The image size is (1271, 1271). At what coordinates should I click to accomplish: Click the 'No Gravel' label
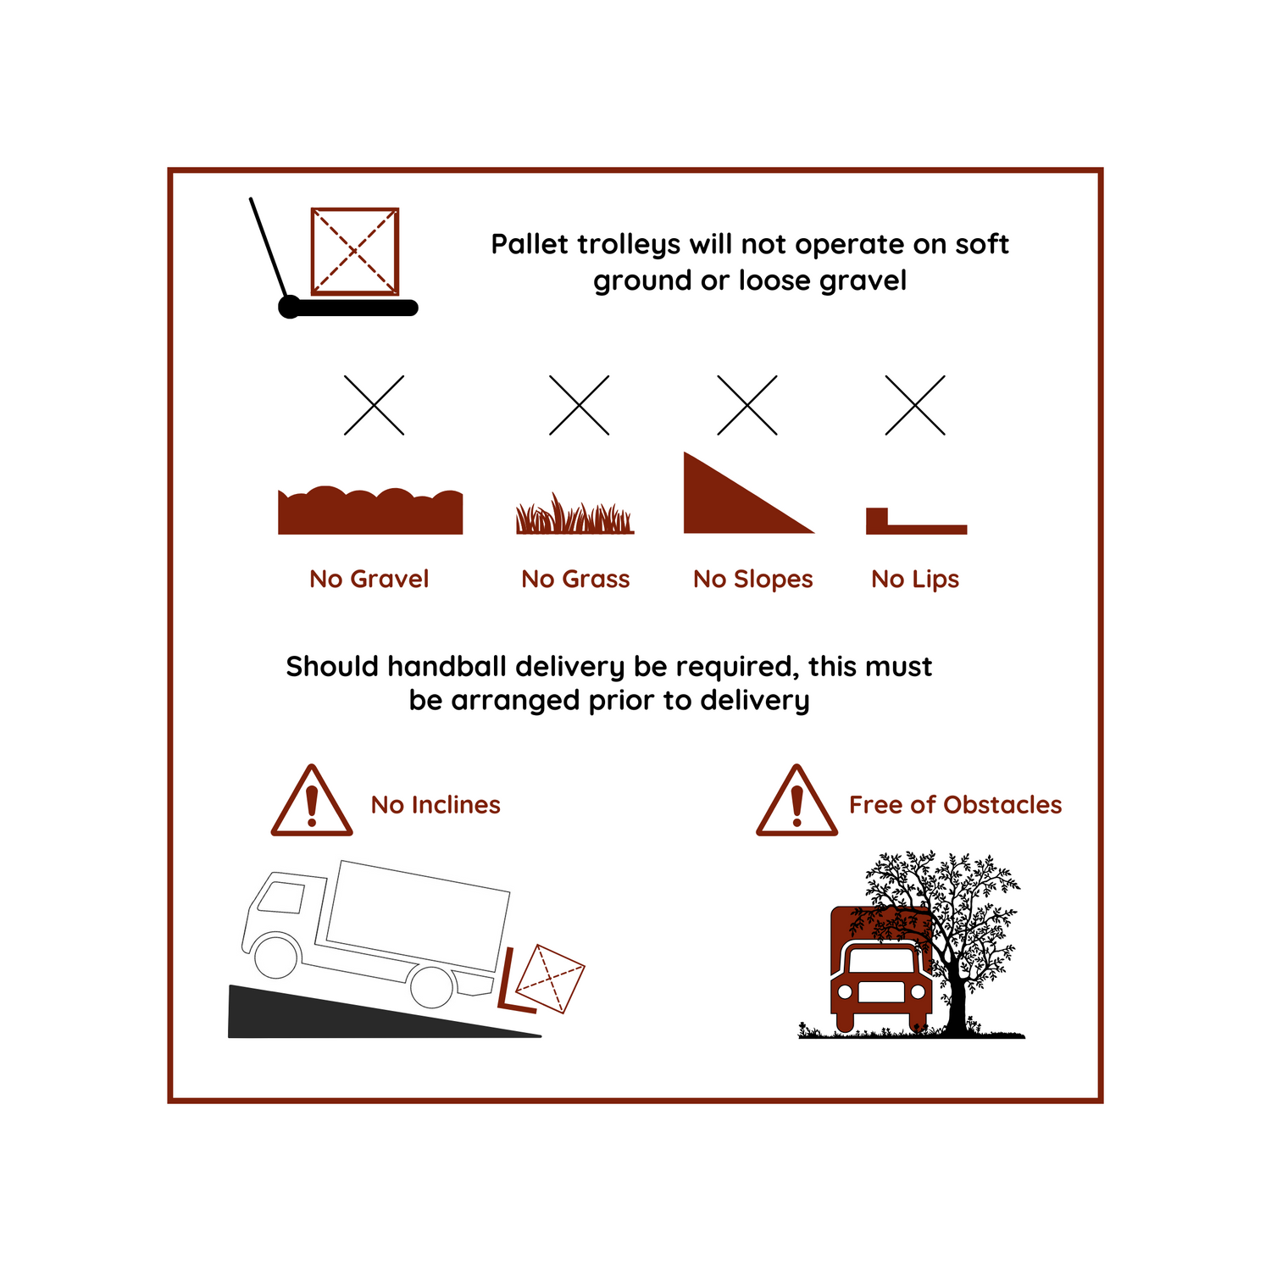click(x=369, y=579)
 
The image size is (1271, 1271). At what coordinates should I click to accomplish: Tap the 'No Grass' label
click(x=575, y=579)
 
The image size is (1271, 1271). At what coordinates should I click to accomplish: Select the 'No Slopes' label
click(x=753, y=580)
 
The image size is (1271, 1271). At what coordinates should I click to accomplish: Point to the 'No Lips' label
click(x=915, y=580)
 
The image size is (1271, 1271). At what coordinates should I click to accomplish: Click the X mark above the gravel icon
click(x=374, y=405)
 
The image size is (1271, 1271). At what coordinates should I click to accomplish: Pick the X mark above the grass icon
click(x=580, y=405)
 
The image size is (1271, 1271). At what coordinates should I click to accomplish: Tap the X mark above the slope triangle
click(x=747, y=405)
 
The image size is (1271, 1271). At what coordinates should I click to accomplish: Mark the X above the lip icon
click(x=915, y=405)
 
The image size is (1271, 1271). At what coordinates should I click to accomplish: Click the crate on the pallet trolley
click(x=355, y=252)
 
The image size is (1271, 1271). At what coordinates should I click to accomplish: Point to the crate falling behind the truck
click(x=550, y=979)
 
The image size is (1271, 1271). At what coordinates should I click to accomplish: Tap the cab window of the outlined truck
click(x=280, y=897)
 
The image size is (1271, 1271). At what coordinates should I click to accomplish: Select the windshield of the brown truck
click(x=881, y=960)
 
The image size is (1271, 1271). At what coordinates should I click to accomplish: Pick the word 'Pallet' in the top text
click(x=530, y=244)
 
